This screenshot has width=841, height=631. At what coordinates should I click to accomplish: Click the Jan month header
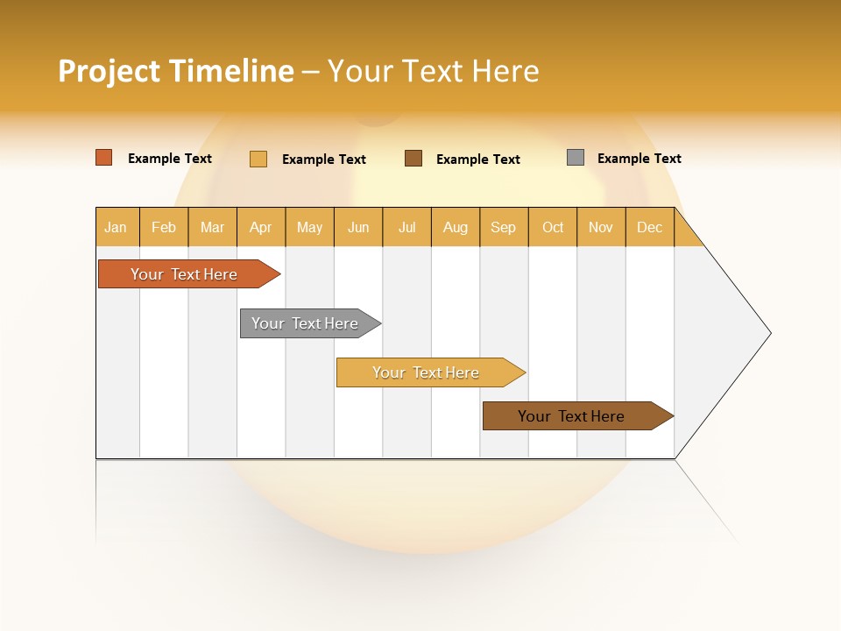[x=116, y=227]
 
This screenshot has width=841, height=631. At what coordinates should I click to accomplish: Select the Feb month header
[x=164, y=227]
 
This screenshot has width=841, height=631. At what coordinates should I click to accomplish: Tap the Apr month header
[x=260, y=227]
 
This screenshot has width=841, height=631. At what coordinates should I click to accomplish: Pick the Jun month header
[x=358, y=227]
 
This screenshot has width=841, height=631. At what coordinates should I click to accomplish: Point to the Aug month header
[x=455, y=227]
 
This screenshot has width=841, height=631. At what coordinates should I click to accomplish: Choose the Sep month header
[x=503, y=227]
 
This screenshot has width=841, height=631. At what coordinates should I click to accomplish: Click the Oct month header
[x=553, y=227]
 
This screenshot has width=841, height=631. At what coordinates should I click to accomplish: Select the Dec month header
[x=649, y=227]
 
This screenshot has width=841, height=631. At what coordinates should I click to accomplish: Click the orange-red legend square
[x=104, y=158]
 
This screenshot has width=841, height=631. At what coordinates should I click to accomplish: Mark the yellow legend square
[x=258, y=159]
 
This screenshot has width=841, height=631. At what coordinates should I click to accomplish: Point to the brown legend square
[x=413, y=158]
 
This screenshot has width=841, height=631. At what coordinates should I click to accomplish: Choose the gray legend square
[x=576, y=158]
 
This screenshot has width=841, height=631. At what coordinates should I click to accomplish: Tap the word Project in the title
[x=110, y=71]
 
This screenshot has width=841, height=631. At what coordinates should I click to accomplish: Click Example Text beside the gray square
[x=639, y=159]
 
